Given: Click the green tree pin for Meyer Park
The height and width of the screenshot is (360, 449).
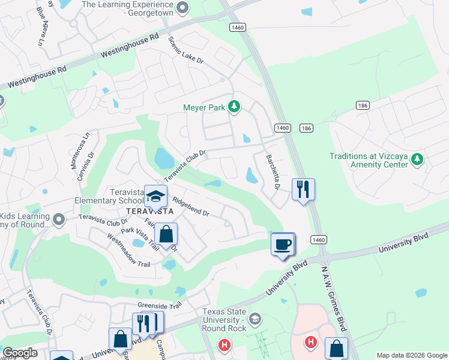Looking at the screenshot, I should [235, 107].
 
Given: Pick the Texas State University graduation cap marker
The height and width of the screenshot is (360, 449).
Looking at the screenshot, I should [255, 317].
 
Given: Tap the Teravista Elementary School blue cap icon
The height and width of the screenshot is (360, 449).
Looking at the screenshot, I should [155, 196].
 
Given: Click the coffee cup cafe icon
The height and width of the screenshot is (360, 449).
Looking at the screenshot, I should [283, 244].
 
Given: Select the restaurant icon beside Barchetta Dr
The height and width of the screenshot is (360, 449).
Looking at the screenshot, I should [303, 190].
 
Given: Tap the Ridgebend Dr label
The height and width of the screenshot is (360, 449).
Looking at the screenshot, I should [190, 206].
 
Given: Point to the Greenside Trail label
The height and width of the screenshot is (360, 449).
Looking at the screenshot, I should [159, 305].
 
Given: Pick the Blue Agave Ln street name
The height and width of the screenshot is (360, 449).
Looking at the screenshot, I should [41, 26].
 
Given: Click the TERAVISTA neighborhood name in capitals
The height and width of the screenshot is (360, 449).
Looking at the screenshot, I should [149, 211].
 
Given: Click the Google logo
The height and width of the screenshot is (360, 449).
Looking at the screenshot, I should [20, 353].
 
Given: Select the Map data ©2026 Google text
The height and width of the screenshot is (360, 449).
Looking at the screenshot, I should [411, 355].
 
